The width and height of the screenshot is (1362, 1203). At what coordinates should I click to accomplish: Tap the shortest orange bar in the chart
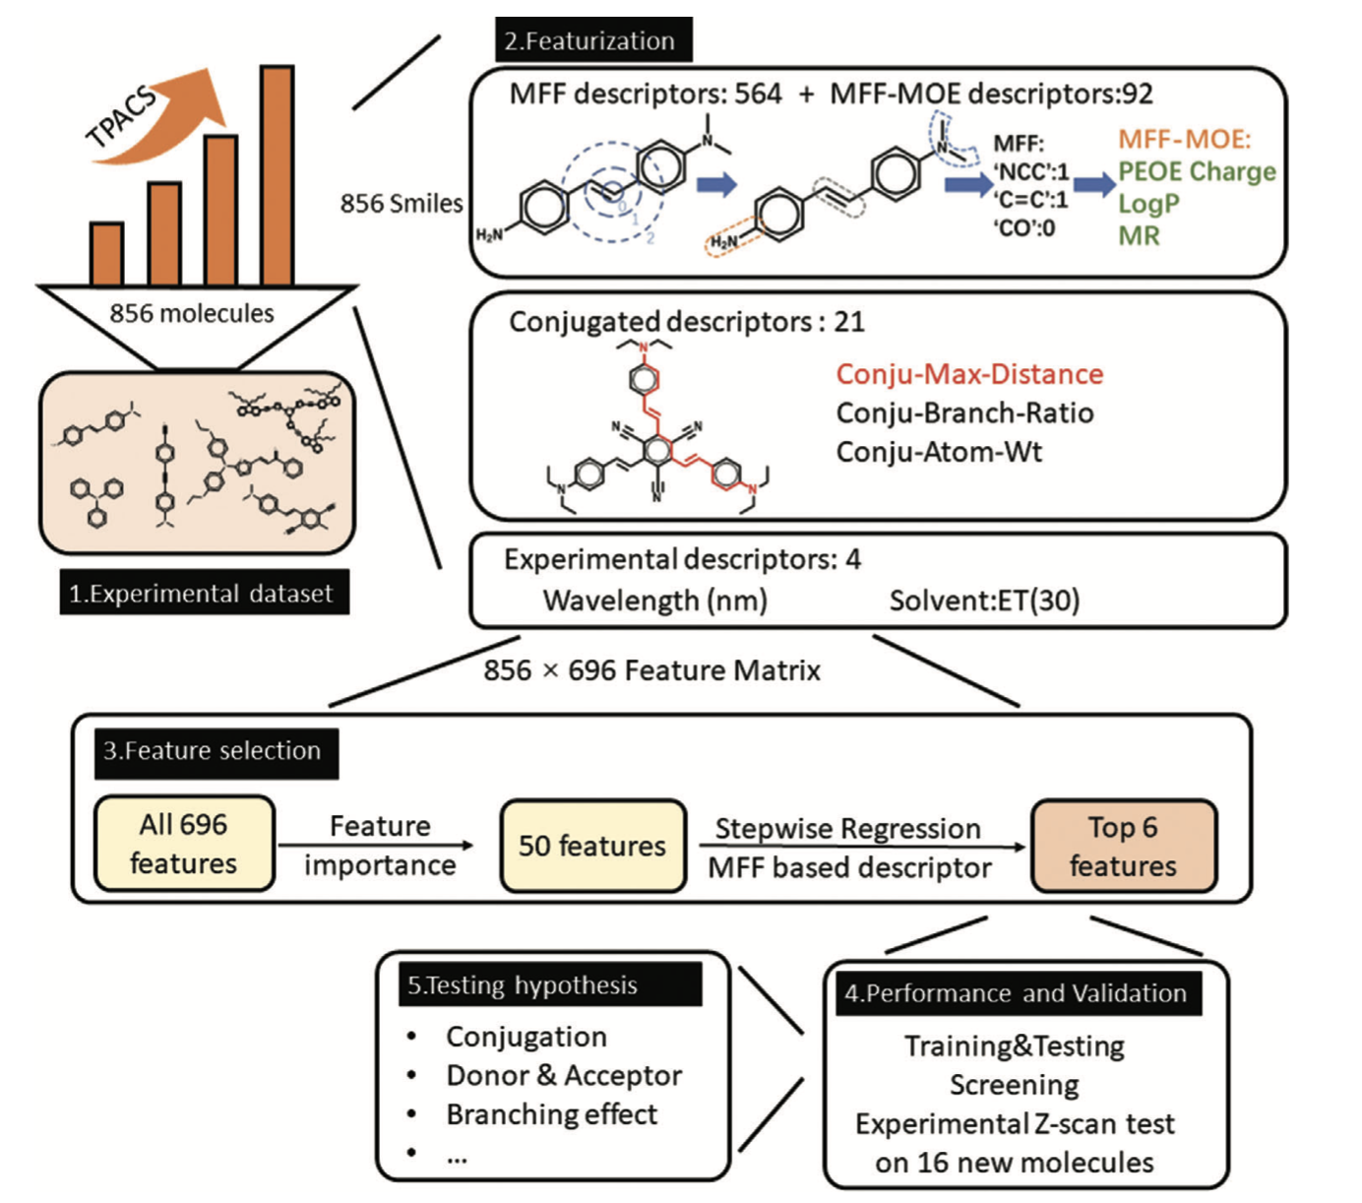106,254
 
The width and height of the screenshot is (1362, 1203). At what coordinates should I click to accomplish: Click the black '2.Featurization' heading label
593,40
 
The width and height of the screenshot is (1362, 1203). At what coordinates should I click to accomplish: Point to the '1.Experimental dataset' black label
204,593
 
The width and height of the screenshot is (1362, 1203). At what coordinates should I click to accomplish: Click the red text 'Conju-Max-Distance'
969,374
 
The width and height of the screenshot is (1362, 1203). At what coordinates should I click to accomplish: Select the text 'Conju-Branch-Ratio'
964,412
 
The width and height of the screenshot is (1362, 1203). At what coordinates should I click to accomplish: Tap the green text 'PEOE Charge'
1197,171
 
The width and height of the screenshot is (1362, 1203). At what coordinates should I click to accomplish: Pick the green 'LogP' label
1147,204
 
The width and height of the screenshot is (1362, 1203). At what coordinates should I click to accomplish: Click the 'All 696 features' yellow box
184,844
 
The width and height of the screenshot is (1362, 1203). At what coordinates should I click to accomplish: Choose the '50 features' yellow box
592,846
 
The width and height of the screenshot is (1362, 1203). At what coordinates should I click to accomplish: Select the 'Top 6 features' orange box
1123,846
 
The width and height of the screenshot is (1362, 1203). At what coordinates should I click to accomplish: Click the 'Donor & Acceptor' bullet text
564,1075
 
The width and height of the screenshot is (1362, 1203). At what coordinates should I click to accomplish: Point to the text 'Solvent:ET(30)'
984,601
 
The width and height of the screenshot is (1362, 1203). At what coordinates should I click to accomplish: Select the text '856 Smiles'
402,203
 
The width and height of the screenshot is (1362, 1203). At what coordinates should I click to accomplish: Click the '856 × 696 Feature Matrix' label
651,670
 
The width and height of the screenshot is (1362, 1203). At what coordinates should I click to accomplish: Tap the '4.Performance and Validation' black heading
1016,993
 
